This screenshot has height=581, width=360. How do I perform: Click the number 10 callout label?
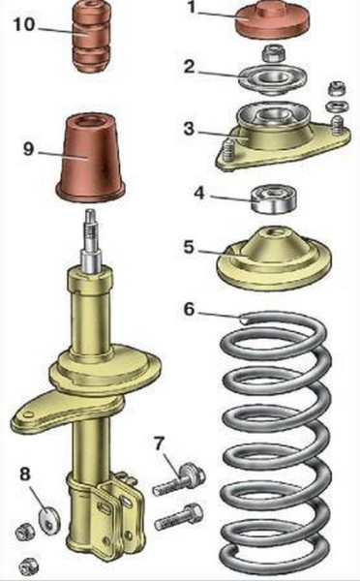coord(24,24)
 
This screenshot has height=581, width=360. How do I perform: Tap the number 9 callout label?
coord(28,149)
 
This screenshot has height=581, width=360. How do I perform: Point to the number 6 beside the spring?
coord(189,309)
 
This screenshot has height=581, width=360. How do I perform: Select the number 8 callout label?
coord(25,474)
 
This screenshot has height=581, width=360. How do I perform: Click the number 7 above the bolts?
coord(160,443)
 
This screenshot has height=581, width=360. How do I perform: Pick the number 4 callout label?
coord(199,193)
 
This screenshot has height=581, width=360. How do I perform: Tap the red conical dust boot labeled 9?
coord(90,159)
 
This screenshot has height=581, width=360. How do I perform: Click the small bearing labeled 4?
coord(274,200)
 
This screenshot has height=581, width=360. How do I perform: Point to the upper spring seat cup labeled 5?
coord(274,259)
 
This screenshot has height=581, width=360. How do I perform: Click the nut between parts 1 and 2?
coord(273,53)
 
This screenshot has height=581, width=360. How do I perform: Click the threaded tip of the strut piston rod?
coord(90,226)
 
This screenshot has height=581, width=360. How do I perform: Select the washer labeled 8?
coord(49,517)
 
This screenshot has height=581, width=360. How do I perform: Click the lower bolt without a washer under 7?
coord(178,516)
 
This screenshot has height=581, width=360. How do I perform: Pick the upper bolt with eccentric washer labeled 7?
coord(179,480)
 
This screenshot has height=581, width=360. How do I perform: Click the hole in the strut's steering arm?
coord(26,414)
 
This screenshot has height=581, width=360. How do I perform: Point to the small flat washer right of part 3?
coord(337,107)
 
